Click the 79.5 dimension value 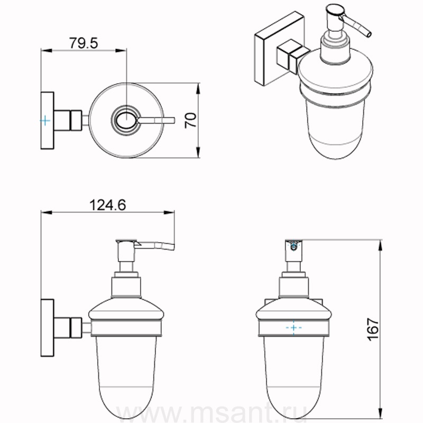click(x=84, y=43)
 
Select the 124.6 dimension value click(x=107, y=205)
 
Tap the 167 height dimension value click(x=374, y=329)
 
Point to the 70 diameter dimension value click(x=191, y=121)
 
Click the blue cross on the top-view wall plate click(x=45, y=121)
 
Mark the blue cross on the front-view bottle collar click(x=293, y=327)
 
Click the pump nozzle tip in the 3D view click(x=369, y=34)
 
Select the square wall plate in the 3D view click(x=279, y=49)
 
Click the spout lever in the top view click(x=157, y=121)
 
